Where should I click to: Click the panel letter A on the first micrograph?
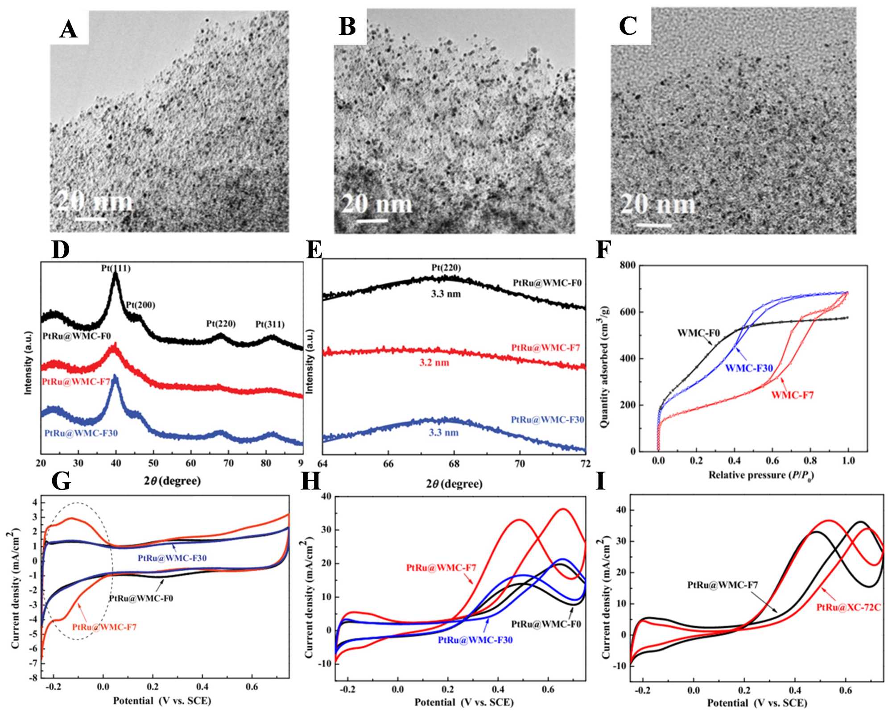point(68,29)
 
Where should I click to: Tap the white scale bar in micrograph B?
point(372,220)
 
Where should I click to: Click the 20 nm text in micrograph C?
point(658,205)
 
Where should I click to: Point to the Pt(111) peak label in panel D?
point(116,268)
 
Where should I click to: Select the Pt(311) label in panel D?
point(270,324)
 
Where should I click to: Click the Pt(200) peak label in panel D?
point(140,305)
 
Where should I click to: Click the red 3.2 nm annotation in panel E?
point(434,362)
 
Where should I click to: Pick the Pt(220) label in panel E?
point(446,268)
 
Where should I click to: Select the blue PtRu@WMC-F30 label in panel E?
point(547,419)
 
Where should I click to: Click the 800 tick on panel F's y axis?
point(628,265)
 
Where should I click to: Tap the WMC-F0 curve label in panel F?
point(698,333)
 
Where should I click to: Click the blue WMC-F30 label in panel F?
point(749,368)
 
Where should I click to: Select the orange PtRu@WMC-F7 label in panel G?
point(104,627)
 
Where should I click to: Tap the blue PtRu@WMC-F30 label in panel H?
point(475,640)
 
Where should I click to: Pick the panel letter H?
point(311,482)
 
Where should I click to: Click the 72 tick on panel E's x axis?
point(585,464)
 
